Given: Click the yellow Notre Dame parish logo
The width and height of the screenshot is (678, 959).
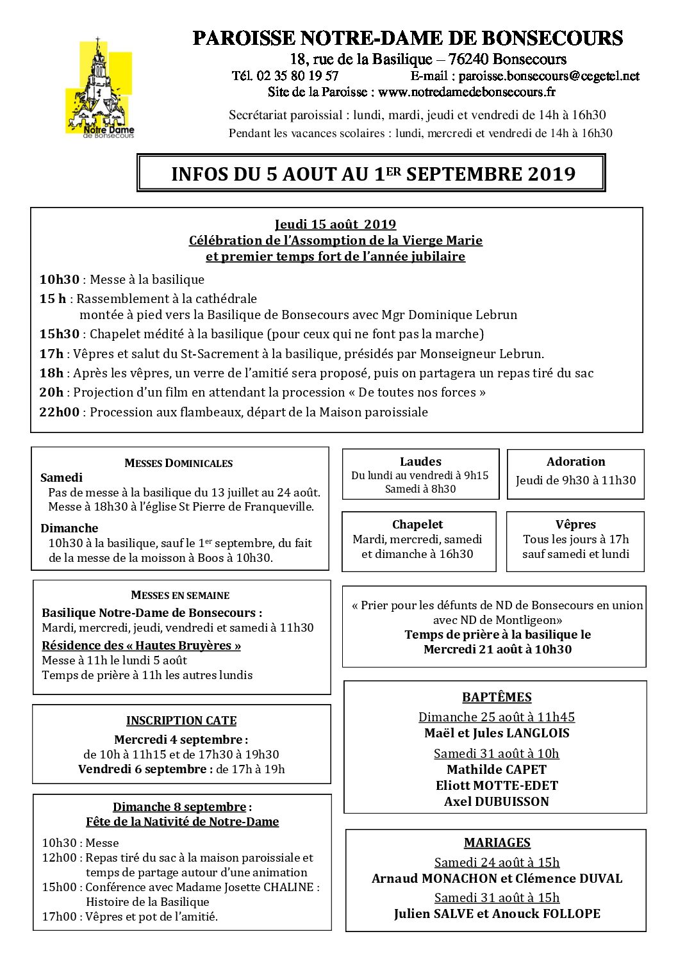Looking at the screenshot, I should pyautogui.click(x=99, y=89).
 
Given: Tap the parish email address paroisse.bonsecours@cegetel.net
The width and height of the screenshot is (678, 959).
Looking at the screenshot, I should pyautogui.click(x=549, y=76).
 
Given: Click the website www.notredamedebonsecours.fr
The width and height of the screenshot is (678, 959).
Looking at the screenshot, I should pyautogui.click(x=467, y=92).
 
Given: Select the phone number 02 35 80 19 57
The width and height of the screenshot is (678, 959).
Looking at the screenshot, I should pyautogui.click(x=297, y=76).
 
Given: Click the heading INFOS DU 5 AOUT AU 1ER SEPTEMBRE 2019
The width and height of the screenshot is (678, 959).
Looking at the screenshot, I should pyautogui.click(x=373, y=174).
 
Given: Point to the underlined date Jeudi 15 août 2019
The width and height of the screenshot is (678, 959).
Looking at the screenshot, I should pyautogui.click(x=335, y=224).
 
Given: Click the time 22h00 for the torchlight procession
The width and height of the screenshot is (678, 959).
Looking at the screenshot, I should pyautogui.click(x=59, y=412).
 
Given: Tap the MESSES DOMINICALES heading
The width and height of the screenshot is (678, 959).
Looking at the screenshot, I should pyautogui.click(x=179, y=463).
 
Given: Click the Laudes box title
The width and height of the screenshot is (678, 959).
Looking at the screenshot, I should pyautogui.click(x=420, y=461).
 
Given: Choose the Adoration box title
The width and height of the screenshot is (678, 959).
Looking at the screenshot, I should pyautogui.click(x=575, y=461).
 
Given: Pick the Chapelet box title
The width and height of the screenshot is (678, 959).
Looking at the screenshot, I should pyautogui.click(x=418, y=524).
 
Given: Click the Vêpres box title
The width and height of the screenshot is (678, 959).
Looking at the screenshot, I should pyautogui.click(x=575, y=524).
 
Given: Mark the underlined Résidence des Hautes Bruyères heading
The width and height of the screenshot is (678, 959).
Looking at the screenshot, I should pyautogui.click(x=141, y=645).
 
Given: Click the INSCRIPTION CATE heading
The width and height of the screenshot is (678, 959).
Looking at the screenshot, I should pyautogui.click(x=181, y=721).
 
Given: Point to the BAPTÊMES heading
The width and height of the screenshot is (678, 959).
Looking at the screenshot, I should pyautogui.click(x=497, y=697).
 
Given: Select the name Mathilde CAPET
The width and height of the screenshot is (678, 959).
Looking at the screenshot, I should pyautogui.click(x=497, y=769).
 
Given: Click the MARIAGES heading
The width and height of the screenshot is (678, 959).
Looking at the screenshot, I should pyautogui.click(x=497, y=842).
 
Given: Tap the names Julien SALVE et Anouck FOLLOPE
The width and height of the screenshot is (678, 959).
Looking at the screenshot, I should pyautogui.click(x=497, y=914).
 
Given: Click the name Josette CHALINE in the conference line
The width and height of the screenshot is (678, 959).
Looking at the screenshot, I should pyautogui.click(x=281, y=887).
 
